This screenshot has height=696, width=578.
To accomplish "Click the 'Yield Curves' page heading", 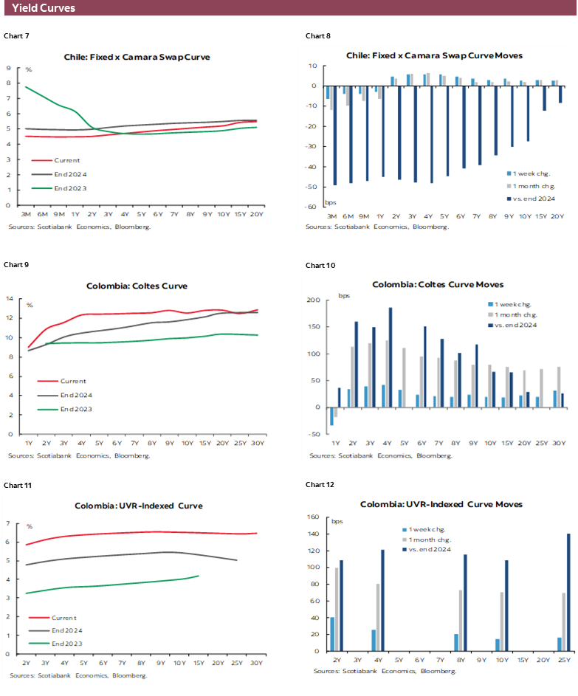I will coord(44,8).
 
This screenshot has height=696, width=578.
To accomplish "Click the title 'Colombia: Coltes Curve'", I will coord(137,286).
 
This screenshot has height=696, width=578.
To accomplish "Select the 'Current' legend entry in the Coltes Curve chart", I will coord(72,381).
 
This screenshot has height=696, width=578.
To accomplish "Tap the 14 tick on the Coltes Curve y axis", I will coord(10,299).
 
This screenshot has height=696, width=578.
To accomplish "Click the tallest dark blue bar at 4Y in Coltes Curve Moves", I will coord(390,357).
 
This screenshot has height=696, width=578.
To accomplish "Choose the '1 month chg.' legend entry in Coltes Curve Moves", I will coord(515,314).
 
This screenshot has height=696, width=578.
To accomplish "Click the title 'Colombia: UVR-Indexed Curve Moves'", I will coord(441,504).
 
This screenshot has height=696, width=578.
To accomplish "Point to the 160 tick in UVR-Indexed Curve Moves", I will coord(314,517).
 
